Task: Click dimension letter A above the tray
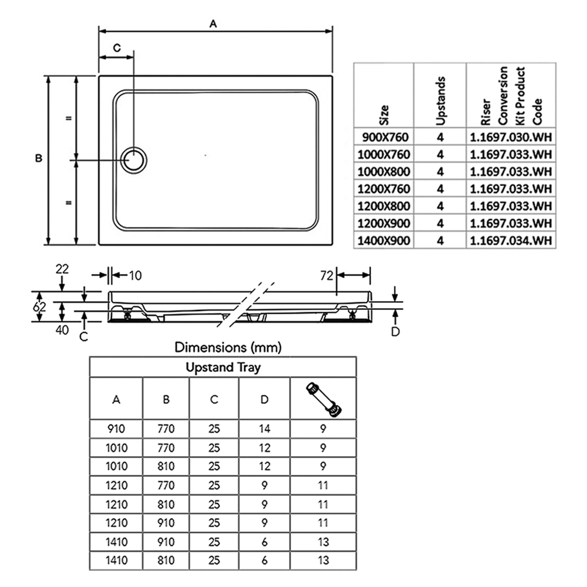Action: pyautogui.click(x=213, y=24)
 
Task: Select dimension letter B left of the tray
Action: pyautogui.click(x=39, y=158)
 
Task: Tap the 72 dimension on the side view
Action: pyautogui.click(x=326, y=275)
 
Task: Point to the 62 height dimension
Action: pyautogui.click(x=39, y=307)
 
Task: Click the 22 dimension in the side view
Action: pyautogui.click(x=62, y=269)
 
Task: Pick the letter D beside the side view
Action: pyautogui.click(x=395, y=332)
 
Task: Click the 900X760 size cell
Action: pyautogui.click(x=385, y=137)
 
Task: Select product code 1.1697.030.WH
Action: pyautogui.click(x=511, y=137)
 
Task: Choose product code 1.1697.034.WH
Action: pyautogui.click(x=511, y=240)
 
